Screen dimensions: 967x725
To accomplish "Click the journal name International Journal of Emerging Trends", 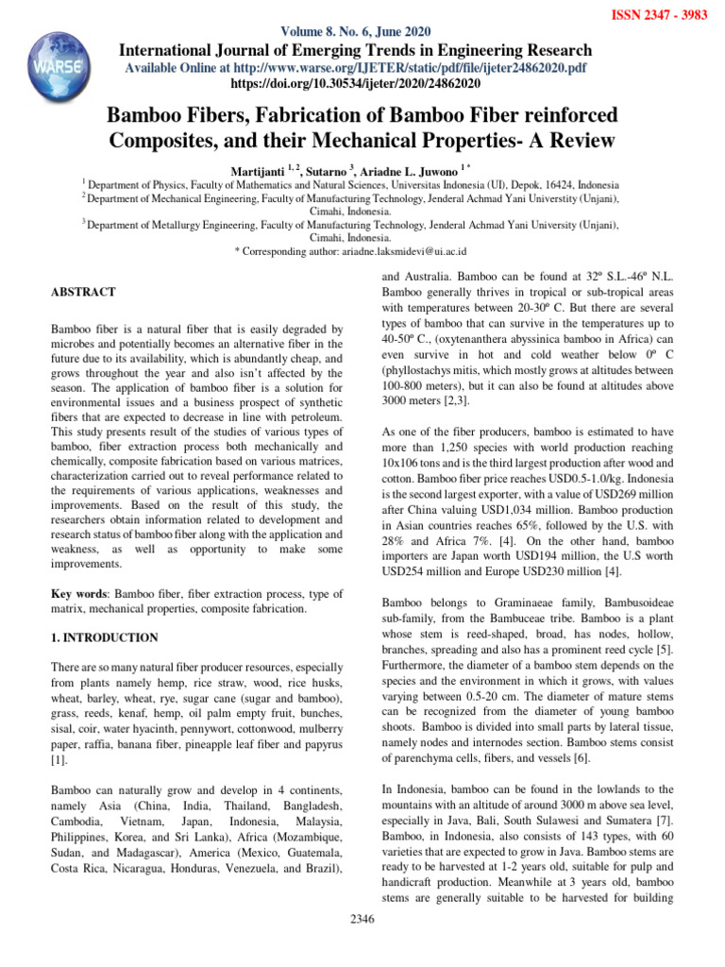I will pos(354,50).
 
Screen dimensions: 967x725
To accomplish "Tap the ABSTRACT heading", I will pos(83,293).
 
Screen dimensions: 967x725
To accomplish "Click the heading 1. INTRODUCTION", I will pos(104,638).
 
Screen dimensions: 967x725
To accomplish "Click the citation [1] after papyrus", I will pos(58,758).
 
